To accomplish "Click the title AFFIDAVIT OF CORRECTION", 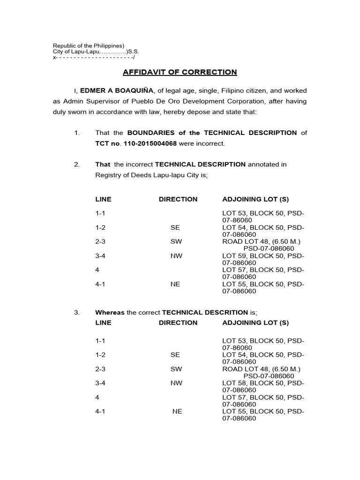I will (180, 72).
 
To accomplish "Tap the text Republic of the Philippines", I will (88, 45).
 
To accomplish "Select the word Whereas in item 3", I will (110, 312).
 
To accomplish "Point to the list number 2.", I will (77, 164).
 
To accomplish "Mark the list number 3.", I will (77, 312).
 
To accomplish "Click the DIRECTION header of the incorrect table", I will (178, 199).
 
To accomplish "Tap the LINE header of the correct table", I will (103, 322).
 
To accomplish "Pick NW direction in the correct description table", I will (176, 383).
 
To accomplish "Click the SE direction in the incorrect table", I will (175, 227).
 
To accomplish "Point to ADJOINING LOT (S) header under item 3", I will (255, 322).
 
